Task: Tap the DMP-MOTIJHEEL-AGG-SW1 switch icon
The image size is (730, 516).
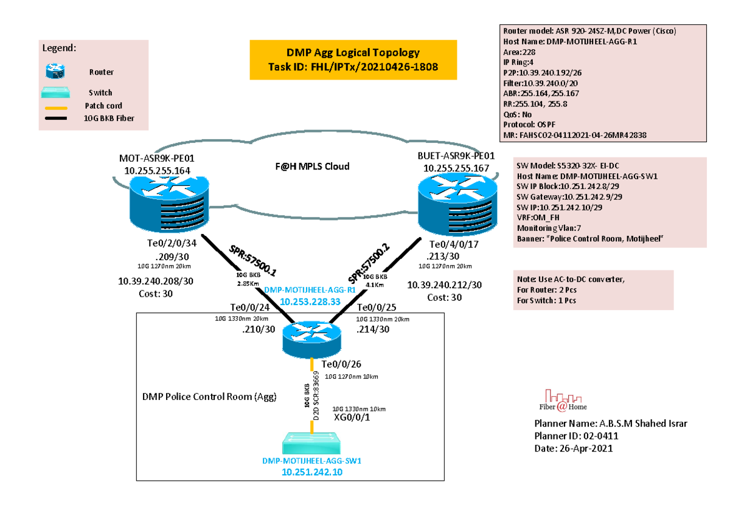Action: click(311, 444)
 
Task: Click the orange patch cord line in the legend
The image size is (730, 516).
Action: click(56, 106)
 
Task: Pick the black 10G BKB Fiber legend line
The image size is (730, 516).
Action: click(56, 119)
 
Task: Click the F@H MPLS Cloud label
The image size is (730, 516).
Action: click(311, 166)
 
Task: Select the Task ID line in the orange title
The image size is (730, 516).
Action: click(353, 67)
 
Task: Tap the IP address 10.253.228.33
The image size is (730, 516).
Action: click(309, 301)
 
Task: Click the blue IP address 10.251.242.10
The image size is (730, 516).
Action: click(311, 472)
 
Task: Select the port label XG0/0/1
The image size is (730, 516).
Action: click(352, 418)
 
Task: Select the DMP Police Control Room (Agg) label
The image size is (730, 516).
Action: click(209, 397)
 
